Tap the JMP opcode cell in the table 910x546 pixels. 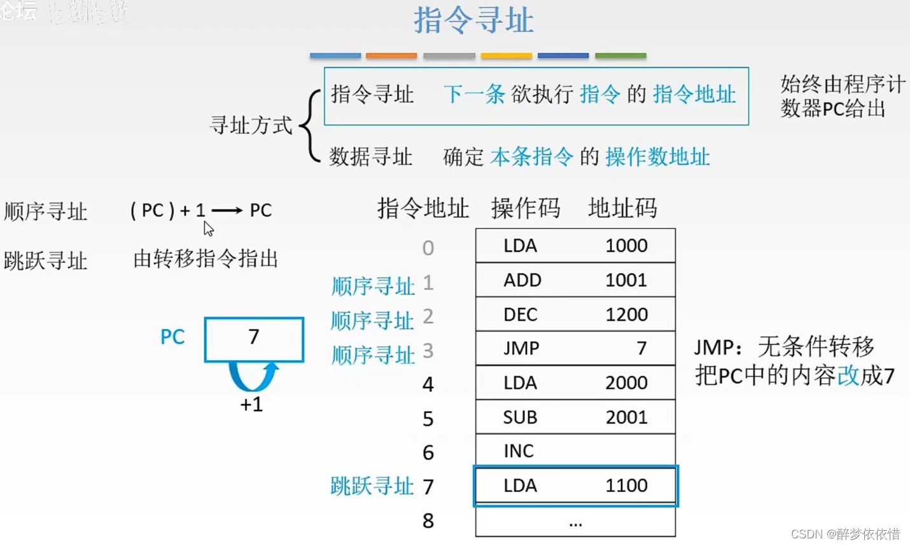521,348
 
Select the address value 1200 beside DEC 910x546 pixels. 626,314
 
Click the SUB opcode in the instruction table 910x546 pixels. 520,417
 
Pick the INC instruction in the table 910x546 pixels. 519,451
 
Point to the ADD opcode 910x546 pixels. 522,280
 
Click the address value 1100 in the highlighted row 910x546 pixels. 626,486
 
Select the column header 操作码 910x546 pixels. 526,208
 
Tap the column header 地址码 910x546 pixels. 622,208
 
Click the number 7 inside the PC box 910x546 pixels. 254,337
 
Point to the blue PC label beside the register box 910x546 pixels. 172,337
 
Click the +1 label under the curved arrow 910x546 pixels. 251,405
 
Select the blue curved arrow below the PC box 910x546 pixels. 253,377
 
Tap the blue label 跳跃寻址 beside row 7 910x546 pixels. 372,486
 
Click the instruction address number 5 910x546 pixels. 428,419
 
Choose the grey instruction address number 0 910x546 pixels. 428,248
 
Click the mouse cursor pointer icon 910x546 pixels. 208,228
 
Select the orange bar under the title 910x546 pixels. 391,56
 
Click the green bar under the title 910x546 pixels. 620,56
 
